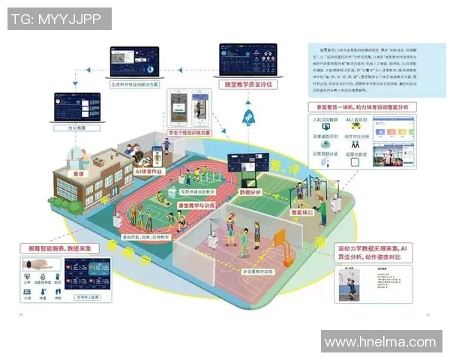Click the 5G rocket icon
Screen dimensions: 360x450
pos(249,115)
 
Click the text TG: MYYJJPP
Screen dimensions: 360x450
pos(59,18)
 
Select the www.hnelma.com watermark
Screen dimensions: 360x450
pos(379,341)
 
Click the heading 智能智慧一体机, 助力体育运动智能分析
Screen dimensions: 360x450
pos(361,107)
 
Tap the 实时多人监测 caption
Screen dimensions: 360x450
pos(89,296)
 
